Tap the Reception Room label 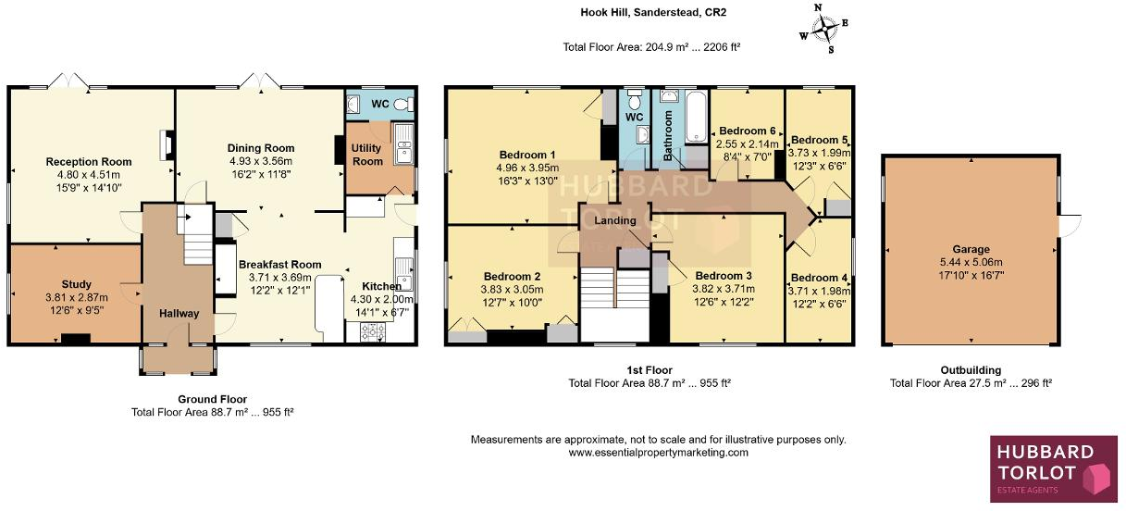[x=89, y=162]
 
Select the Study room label [x=77, y=284]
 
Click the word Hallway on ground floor [x=179, y=314]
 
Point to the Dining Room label [x=261, y=148]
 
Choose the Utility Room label [x=367, y=155]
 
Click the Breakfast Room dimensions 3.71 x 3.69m [x=279, y=277]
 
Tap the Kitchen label [x=381, y=286]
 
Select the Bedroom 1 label [x=527, y=155]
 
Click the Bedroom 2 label [x=512, y=276]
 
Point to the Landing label [x=615, y=221]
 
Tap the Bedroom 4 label [x=819, y=278]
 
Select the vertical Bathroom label [x=668, y=136]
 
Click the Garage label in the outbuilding [x=971, y=249]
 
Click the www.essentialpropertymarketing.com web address [x=658, y=453]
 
